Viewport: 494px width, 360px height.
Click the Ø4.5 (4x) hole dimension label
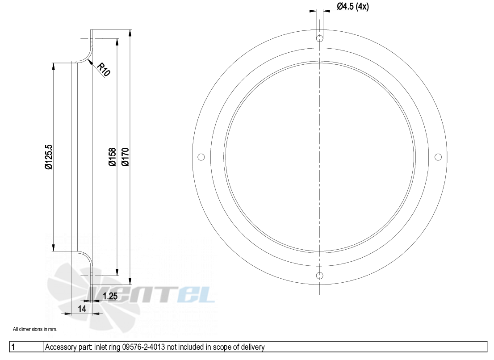(x=352, y=6)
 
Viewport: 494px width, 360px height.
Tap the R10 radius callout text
(x=104, y=69)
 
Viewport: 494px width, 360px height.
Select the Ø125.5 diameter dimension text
(x=49, y=157)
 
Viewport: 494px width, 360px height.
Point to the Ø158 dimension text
(x=112, y=157)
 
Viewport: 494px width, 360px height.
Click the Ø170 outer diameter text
(x=125, y=157)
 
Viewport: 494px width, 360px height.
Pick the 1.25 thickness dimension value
(x=110, y=296)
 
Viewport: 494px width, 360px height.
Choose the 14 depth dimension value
(x=82, y=309)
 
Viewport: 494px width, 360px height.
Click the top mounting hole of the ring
(x=320, y=38)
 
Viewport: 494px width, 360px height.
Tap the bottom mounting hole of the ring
(x=320, y=276)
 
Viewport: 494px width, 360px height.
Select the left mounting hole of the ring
(x=201, y=157)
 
